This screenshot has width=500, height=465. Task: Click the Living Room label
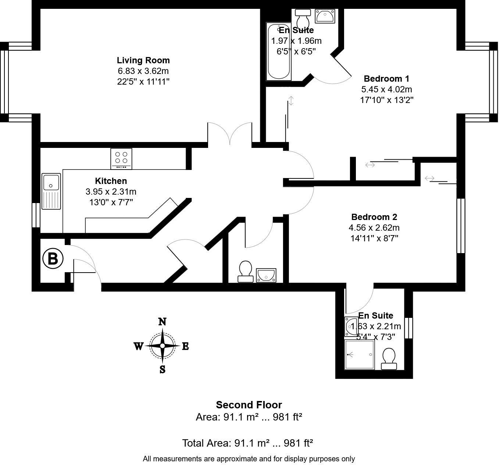(x=143, y=60)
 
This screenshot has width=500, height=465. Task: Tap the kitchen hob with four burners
(x=121, y=159)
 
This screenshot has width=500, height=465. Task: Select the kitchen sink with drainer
(x=51, y=191)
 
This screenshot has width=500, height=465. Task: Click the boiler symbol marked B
(x=53, y=259)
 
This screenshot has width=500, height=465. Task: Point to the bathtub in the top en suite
(x=279, y=52)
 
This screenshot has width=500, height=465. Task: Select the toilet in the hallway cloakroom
(x=245, y=271)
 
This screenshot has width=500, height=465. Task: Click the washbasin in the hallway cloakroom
(x=266, y=275)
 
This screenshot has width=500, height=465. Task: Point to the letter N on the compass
(x=162, y=322)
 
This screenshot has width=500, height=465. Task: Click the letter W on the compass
(x=138, y=346)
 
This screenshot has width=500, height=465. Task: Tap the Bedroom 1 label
(x=386, y=78)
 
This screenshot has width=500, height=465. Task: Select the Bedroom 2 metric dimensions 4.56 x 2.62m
(x=374, y=228)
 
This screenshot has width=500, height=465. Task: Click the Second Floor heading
(x=249, y=405)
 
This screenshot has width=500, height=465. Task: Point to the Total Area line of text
(x=247, y=443)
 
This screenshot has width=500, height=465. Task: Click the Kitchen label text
(x=111, y=181)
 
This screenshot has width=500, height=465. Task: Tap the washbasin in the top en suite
(x=325, y=17)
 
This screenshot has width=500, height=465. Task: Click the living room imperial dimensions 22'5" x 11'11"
(x=143, y=81)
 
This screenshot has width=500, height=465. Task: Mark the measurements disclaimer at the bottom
(x=249, y=459)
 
